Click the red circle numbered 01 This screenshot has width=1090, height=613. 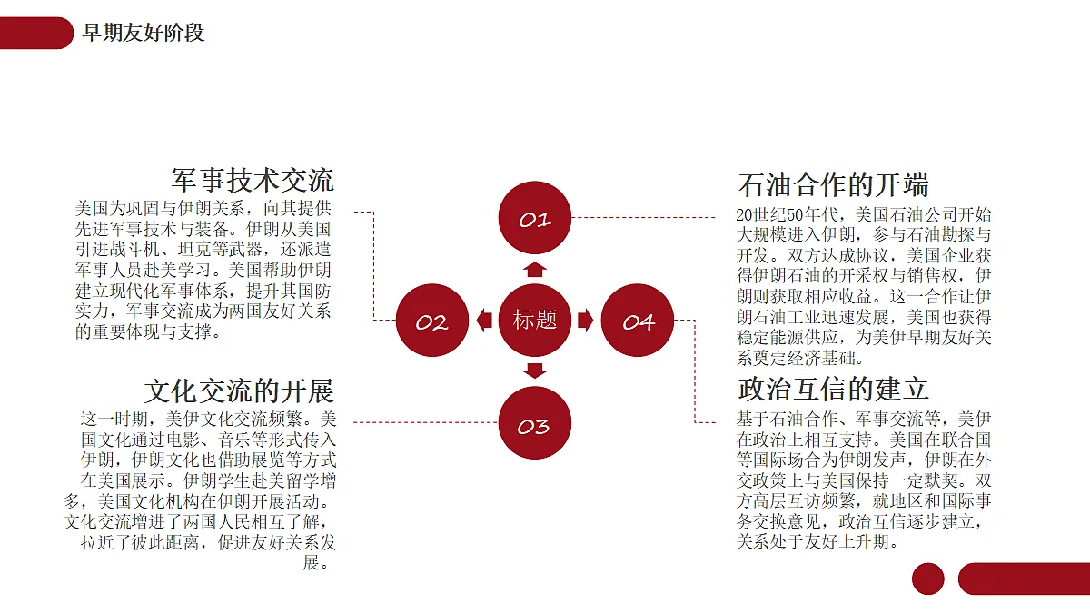[x=535, y=218]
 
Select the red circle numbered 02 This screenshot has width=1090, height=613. [x=432, y=320]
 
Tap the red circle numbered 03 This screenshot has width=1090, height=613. [x=535, y=423]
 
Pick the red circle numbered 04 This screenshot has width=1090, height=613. [x=638, y=320]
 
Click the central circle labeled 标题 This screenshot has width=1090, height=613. [x=535, y=320]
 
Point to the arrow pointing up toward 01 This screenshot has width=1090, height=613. [x=535, y=270]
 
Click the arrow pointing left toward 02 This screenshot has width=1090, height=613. [x=484, y=320]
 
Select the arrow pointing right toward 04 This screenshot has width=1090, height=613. [x=585, y=320]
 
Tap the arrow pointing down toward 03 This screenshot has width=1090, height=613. [x=535, y=371]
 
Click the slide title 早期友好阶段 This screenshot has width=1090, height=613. [x=144, y=33]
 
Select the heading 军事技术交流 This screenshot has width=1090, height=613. [x=253, y=180]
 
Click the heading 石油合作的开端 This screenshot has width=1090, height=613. [x=833, y=185]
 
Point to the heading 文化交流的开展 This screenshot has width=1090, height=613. [x=239, y=391]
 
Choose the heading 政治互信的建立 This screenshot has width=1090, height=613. [x=833, y=390]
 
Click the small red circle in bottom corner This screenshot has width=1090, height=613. [x=928, y=579]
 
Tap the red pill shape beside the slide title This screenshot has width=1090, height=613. [x=36, y=33]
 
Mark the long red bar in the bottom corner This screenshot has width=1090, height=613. [x=1025, y=579]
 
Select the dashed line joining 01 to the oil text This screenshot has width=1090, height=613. [x=643, y=217]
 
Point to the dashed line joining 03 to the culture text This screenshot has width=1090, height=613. [x=426, y=422]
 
